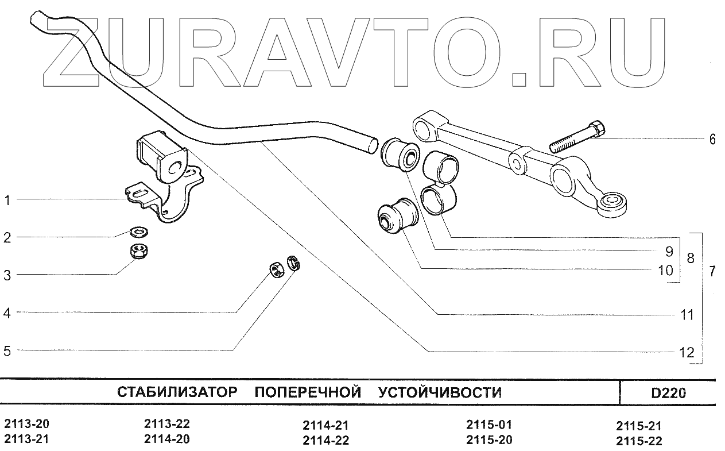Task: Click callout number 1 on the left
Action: [x=7, y=201]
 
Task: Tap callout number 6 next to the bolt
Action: [x=712, y=139]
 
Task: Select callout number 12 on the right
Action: [x=687, y=352]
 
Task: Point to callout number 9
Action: [x=668, y=250]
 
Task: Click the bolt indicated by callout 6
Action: [x=577, y=138]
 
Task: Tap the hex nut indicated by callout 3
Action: [x=138, y=251]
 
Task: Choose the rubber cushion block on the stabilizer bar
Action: [x=163, y=154]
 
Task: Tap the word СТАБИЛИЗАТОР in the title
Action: [x=177, y=393]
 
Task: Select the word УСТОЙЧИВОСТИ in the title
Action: [x=440, y=393]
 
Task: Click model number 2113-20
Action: [x=26, y=425]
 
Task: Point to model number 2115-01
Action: [x=488, y=425]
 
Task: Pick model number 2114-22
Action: [x=325, y=441]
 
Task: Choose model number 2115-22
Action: [x=639, y=441]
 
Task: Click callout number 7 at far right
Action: [x=712, y=272]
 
